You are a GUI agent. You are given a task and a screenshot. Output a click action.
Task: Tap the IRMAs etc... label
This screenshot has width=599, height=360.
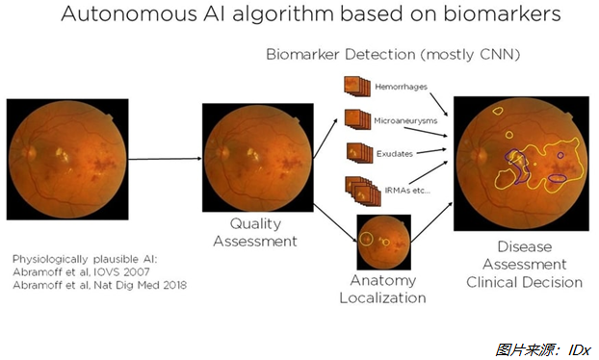404,191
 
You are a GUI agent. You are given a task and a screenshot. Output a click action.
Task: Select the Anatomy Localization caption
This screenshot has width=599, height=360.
382,289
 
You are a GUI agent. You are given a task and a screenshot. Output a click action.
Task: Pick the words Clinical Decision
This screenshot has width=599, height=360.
525,282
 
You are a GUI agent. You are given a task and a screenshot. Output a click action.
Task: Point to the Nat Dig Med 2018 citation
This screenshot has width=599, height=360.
144,285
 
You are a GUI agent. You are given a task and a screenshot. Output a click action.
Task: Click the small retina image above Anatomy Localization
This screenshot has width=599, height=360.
383,243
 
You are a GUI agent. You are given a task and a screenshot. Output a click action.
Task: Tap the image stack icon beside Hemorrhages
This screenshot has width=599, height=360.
355,88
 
